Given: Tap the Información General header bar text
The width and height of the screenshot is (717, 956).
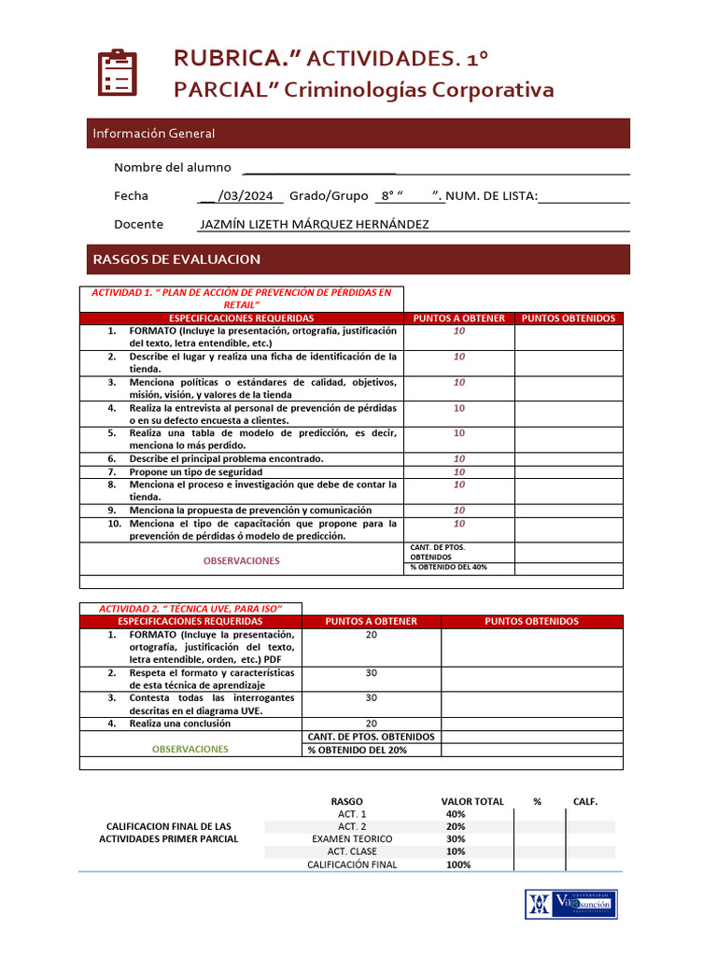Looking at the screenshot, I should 153,134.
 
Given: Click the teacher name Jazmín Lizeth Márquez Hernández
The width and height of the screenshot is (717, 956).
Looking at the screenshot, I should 315,224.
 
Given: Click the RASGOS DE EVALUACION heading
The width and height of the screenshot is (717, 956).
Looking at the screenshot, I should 176,259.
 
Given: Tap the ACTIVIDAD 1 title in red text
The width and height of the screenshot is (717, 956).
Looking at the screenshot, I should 241,298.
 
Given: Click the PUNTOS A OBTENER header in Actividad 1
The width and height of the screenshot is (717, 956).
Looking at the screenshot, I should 458,318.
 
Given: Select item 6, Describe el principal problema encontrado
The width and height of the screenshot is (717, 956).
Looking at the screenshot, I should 226,458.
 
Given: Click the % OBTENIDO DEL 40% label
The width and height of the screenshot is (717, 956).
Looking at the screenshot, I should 448,567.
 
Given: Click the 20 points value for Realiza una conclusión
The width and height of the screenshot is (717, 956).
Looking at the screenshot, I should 371,723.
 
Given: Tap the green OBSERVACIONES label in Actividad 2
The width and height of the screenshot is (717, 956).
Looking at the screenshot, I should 190,749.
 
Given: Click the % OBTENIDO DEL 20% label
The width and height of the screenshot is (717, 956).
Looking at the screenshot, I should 358,750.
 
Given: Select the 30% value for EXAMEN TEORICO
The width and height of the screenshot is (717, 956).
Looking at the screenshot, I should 456,838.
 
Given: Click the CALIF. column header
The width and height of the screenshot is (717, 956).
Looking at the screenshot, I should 585,801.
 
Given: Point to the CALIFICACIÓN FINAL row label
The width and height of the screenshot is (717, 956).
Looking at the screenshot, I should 352,865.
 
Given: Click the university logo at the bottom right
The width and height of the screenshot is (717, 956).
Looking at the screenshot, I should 570,904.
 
